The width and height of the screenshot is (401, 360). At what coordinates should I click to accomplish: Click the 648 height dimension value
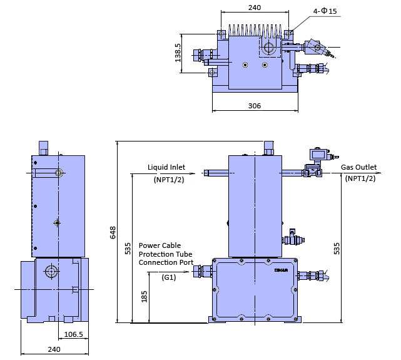[113, 232]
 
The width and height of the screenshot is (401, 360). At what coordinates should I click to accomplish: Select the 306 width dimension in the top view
[255, 106]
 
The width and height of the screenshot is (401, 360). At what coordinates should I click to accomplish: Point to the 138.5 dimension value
[178, 53]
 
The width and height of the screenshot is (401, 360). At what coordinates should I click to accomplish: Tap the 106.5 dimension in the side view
[73, 334]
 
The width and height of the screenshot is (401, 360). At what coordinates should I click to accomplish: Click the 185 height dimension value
[145, 296]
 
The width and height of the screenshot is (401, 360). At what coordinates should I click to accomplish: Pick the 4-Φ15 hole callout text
[325, 11]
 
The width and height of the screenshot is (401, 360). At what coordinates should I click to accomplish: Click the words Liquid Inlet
[166, 167]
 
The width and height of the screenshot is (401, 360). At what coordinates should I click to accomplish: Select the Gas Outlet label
[358, 167]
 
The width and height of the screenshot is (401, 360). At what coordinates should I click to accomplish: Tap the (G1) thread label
[169, 277]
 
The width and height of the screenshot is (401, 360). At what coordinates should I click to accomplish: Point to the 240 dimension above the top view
[255, 8]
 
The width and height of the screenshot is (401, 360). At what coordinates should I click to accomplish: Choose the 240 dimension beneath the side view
[54, 349]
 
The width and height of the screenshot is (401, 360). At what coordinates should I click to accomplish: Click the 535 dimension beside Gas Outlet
[337, 248]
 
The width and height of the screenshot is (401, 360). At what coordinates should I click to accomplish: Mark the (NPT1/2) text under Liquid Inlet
[169, 180]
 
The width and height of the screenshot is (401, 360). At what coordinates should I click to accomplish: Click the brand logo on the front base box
[281, 270]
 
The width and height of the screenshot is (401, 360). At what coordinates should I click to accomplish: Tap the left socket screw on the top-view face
[245, 65]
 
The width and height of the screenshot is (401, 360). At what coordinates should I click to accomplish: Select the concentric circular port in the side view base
[51, 271]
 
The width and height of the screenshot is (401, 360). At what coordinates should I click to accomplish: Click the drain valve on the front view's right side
[293, 238]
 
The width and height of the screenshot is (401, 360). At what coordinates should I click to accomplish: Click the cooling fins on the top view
[255, 30]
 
